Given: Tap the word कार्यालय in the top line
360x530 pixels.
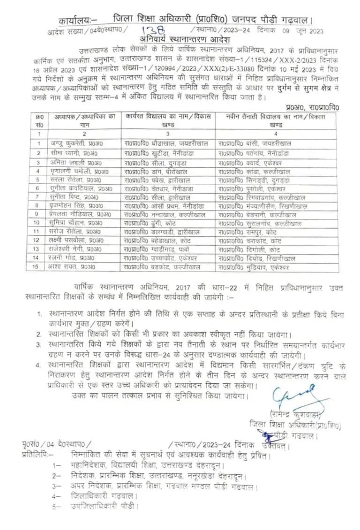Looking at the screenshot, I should tap(75, 21).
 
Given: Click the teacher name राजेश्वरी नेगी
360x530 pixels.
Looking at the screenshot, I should tap(75, 249).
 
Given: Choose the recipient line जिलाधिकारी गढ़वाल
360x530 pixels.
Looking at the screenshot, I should tap(104, 496).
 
